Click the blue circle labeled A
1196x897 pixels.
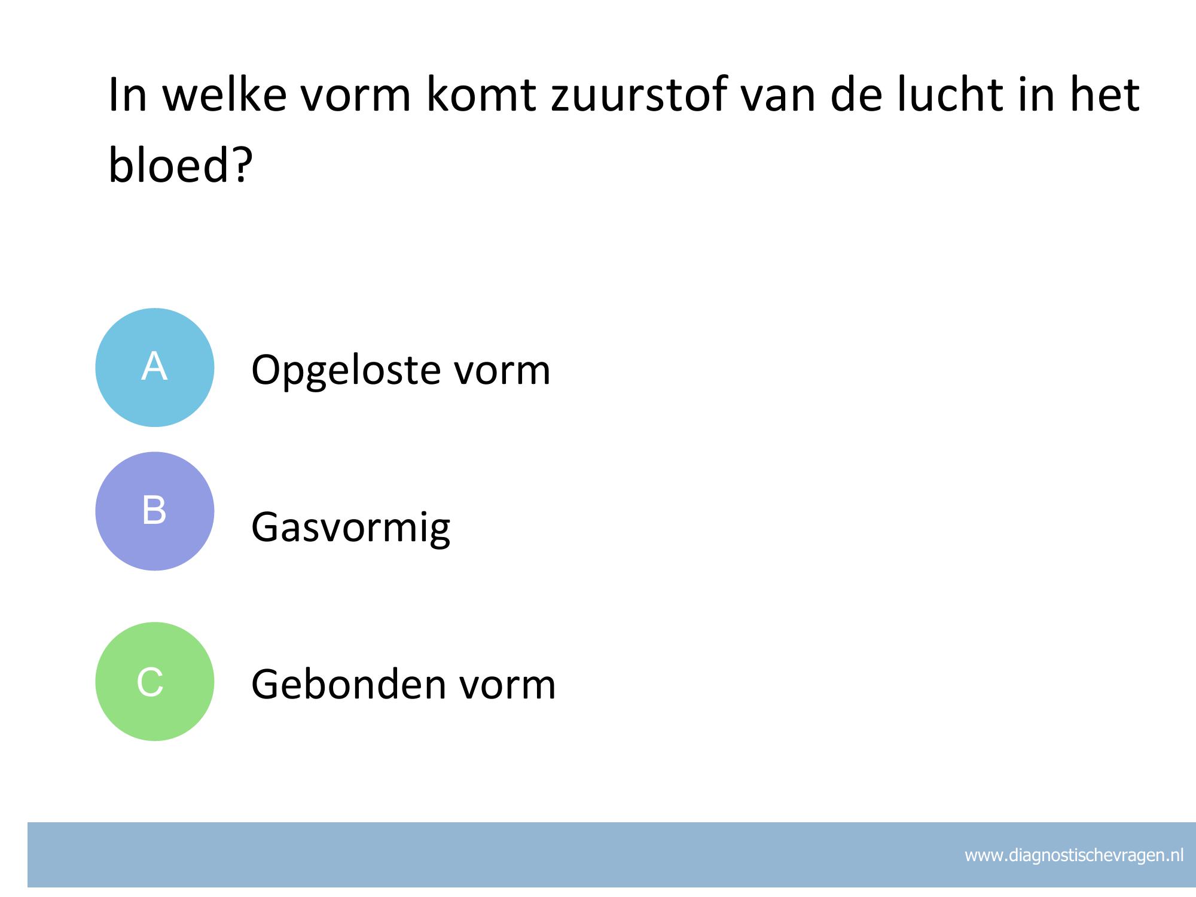155,367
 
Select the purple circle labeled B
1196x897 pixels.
155,511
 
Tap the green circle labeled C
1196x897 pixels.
155,681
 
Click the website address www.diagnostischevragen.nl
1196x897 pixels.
1074,855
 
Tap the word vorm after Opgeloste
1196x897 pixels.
502,371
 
